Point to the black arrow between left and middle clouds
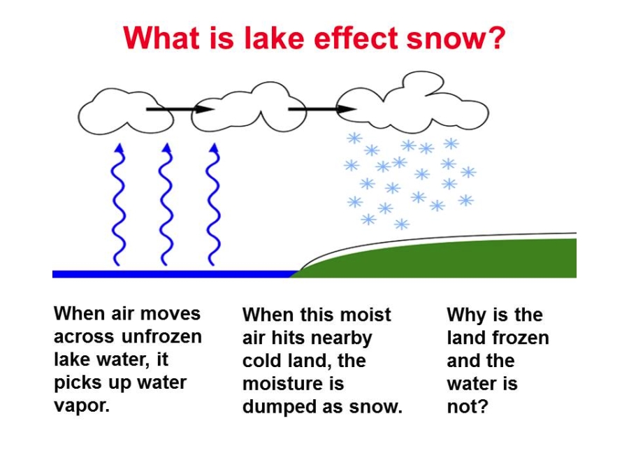click(180, 109)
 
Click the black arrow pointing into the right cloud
click(322, 109)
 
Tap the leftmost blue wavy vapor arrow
click(118, 204)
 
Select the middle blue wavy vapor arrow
click(166, 204)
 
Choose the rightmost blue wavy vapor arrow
click(213, 204)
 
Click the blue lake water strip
click(173, 274)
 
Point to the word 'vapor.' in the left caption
click(82, 406)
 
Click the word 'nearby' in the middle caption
click(342, 338)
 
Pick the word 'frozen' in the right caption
click(520, 338)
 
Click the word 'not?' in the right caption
click(468, 406)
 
